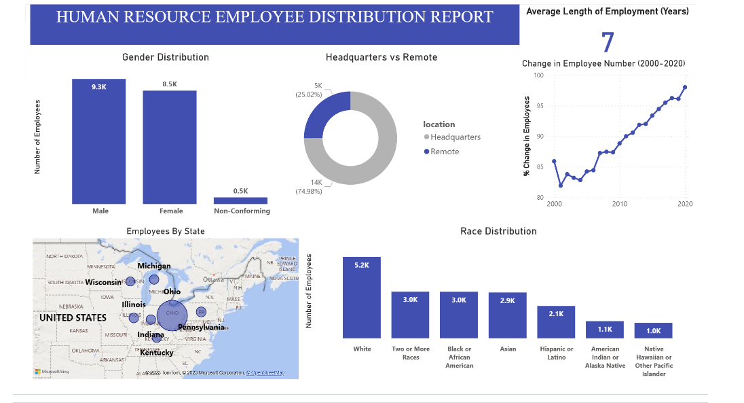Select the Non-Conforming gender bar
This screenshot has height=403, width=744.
pos(240,200)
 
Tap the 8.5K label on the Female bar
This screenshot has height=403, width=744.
pos(170,84)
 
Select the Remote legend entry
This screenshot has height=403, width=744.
pos(445,152)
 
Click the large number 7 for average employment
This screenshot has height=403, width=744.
pos(608,42)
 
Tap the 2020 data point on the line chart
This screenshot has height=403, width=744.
pos(685,87)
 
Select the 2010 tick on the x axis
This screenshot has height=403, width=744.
pos(619,204)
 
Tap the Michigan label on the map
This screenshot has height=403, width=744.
pos(154,266)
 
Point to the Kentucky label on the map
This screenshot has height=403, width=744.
pos(157,353)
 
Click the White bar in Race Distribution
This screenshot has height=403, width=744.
pos(362,298)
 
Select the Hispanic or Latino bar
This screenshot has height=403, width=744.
pos(557,322)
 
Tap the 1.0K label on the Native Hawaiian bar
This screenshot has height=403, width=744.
pos(653,330)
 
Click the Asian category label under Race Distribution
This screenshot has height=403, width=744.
pos(508,349)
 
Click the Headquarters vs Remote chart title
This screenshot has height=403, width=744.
pos(382,58)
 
